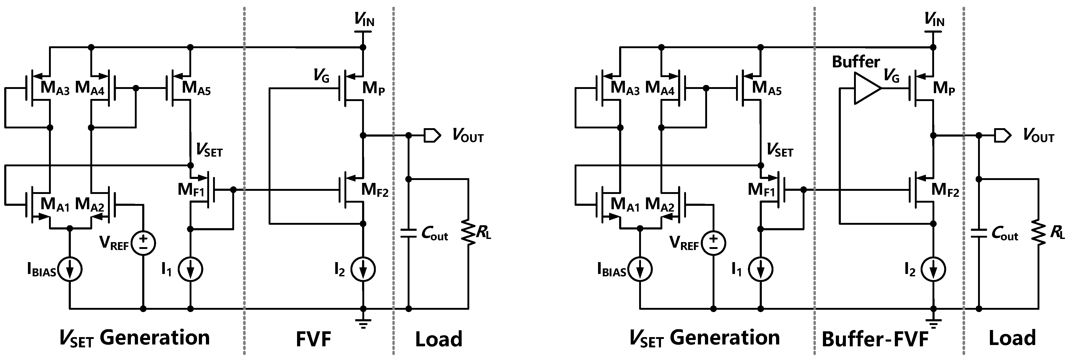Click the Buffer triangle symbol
(866, 88)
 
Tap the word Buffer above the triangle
(856, 62)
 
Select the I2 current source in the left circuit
(363, 270)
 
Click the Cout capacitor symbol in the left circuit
(409, 233)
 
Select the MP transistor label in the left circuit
(373, 88)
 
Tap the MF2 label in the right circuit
(945, 190)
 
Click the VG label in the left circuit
(321, 76)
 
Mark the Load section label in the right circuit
(1012, 338)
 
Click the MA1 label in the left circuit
(55, 204)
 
